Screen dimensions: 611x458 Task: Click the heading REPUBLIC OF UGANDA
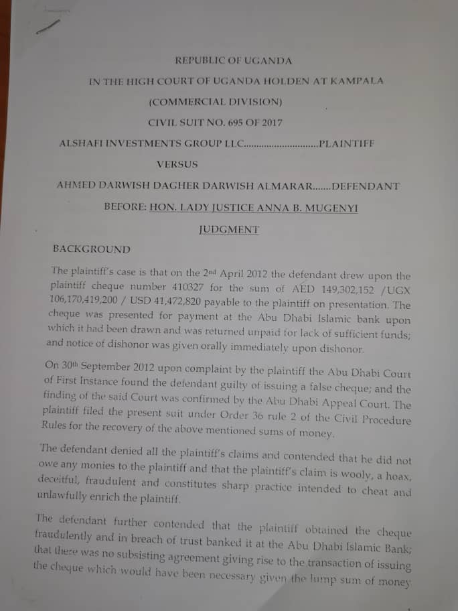tap(233, 60)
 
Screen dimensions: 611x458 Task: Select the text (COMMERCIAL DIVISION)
tap(216, 102)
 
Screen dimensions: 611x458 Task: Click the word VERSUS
tap(177, 163)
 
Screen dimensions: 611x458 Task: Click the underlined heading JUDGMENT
tap(229, 228)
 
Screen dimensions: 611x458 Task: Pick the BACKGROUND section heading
tap(92, 249)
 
